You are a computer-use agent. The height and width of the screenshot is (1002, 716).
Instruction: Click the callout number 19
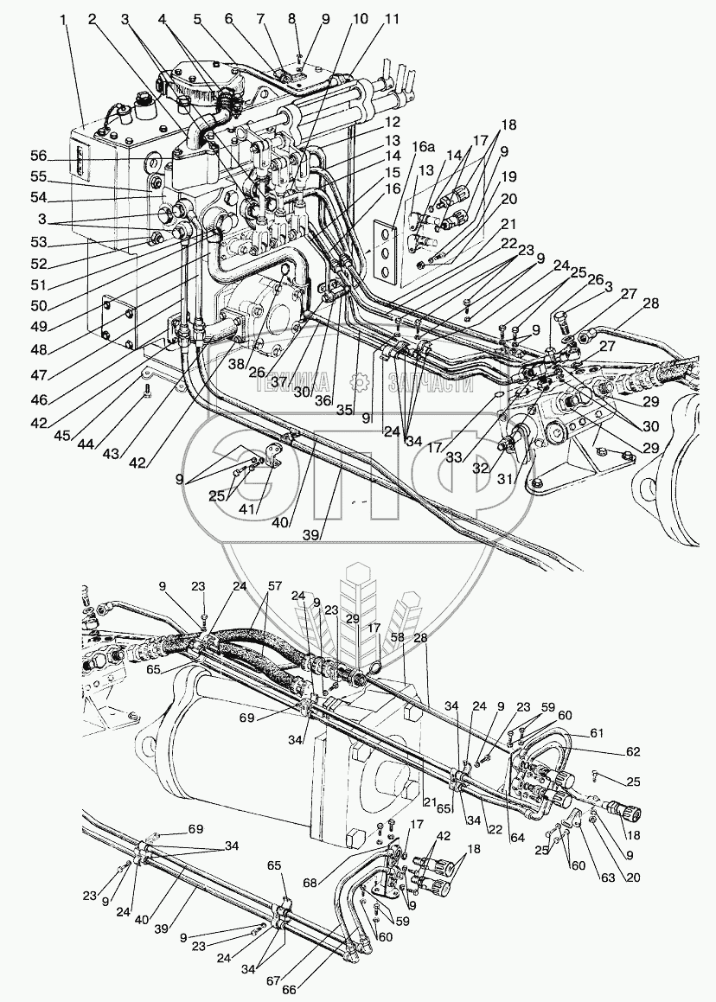(x=508, y=176)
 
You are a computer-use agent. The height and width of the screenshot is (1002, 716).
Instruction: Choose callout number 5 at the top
(x=198, y=18)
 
